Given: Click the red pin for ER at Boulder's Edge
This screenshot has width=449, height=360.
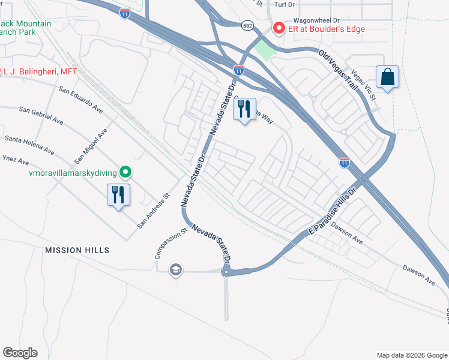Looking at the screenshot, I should pyautogui.click(x=278, y=28).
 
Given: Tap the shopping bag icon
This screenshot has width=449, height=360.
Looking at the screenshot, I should pyautogui.click(x=388, y=77).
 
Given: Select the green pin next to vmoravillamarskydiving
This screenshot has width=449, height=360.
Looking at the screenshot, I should pyautogui.click(x=125, y=173).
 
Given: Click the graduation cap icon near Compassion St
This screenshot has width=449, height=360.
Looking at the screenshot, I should pyautogui.click(x=175, y=269).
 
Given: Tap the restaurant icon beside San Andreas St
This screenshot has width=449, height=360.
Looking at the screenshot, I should pyautogui.click(x=118, y=195).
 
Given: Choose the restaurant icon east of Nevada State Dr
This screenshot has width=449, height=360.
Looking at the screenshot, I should pyautogui.click(x=244, y=110).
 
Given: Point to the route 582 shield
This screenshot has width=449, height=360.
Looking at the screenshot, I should pyautogui.click(x=247, y=26).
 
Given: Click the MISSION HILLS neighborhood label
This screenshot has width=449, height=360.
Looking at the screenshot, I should pyautogui.click(x=76, y=250).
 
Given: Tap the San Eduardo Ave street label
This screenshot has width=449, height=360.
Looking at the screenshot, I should pyautogui.click(x=80, y=100).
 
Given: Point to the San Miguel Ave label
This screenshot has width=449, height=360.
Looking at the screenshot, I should pyautogui.click(x=91, y=146).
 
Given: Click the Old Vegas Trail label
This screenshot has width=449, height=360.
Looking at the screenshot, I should pyautogui.click(x=338, y=70).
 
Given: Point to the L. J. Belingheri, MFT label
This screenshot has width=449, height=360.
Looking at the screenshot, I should pyautogui.click(x=40, y=71).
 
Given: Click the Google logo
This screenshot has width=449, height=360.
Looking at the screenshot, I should pyautogui.click(x=20, y=353).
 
